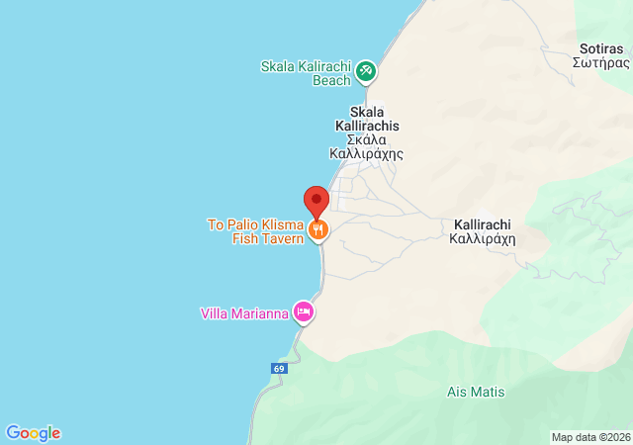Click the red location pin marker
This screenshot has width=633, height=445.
tap(316, 201)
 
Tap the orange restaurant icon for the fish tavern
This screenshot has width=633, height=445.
tap(317, 230)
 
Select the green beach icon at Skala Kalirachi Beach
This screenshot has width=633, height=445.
tap(366, 69)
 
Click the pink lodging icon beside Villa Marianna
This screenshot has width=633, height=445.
tap(304, 313)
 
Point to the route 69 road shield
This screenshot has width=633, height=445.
tap(279, 368)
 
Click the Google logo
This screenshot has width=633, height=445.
tap(33, 433)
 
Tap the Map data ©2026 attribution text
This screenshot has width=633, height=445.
tap(589, 437)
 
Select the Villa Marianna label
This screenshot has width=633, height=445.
tap(244, 314)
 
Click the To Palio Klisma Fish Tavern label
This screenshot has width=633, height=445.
tap(255, 231)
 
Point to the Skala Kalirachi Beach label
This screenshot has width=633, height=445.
tap(306, 74)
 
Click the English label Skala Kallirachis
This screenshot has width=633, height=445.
tap(366, 112)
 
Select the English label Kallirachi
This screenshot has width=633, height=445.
tap(483, 224)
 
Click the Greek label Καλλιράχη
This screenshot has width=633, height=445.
tap(483, 238)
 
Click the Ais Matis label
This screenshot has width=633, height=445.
tap(476, 393)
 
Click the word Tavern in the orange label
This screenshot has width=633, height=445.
tap(281, 238)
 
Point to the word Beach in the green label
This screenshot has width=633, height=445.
tap(331, 81)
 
